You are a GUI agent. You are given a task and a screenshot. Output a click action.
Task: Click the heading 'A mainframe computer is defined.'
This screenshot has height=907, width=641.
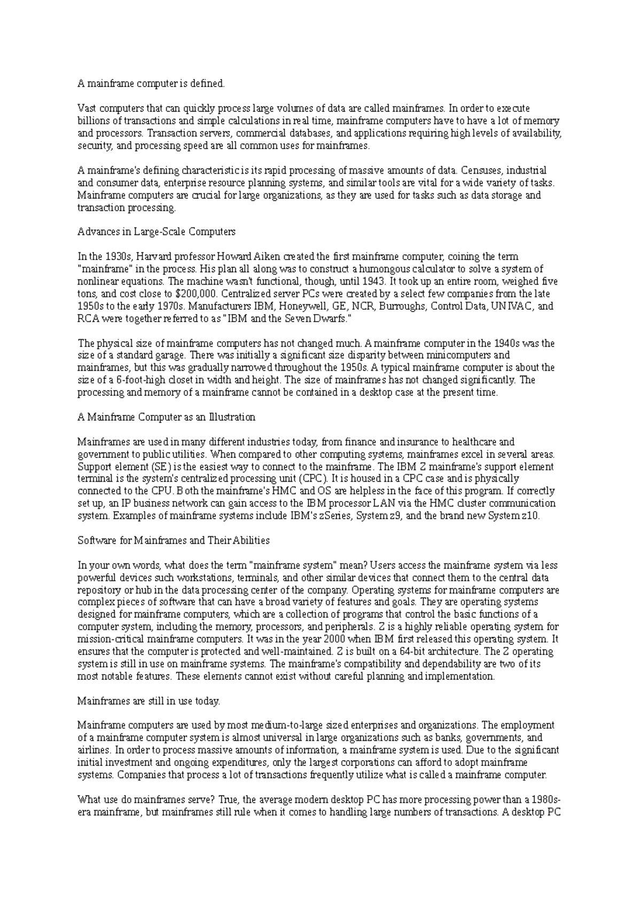point(152,83)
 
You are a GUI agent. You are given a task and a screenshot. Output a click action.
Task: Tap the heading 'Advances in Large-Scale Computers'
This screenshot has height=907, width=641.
point(157,232)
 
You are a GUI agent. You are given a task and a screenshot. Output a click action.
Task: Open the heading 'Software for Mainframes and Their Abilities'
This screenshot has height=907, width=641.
point(174,541)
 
